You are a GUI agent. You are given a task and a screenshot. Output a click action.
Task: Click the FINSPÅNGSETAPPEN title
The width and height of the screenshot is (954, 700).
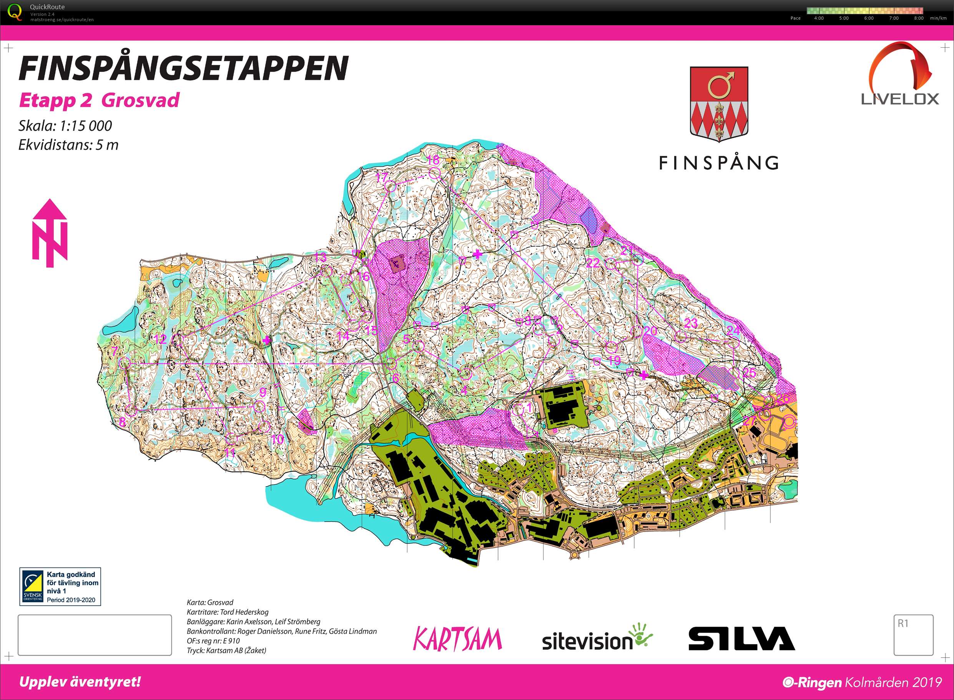[x=183, y=68]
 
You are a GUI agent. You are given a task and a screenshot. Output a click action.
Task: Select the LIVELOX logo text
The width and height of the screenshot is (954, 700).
[x=900, y=99]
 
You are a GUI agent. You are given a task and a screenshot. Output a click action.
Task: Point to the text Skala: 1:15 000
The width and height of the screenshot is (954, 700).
[x=65, y=126]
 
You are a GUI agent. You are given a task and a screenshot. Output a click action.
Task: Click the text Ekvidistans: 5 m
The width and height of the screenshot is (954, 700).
[x=68, y=145]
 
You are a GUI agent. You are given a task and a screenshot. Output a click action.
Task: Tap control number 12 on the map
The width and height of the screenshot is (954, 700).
[x=160, y=339]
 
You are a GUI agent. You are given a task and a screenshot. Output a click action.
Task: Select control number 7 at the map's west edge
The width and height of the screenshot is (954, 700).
[x=114, y=351]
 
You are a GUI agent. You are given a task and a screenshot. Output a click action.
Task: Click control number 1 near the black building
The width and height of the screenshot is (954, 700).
[x=529, y=407]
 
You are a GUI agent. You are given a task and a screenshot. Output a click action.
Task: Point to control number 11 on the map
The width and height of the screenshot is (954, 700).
[x=229, y=453]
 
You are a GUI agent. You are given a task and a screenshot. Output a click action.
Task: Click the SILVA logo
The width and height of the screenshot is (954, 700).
[x=741, y=638]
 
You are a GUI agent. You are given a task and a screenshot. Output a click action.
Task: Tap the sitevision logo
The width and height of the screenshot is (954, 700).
[x=597, y=638]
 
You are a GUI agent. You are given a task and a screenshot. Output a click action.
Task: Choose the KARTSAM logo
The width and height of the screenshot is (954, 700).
[x=457, y=639]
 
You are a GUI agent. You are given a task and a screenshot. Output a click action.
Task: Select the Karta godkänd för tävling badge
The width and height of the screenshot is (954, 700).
[x=60, y=587]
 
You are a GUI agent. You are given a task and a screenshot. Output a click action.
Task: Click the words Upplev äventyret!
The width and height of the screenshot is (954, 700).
[x=80, y=682]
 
